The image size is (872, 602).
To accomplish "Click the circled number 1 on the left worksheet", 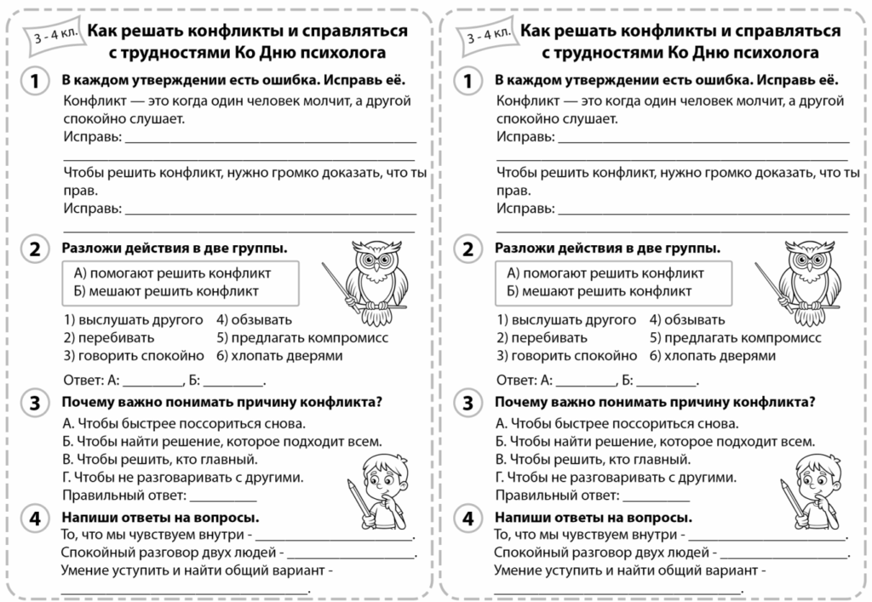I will click(x=34, y=81).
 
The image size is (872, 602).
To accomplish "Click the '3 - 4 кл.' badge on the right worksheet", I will click(x=489, y=36).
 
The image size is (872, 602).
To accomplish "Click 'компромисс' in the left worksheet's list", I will click(x=349, y=338).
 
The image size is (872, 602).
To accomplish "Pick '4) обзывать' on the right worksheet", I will click(x=687, y=320).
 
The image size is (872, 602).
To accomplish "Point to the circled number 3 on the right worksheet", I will click(x=467, y=403).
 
